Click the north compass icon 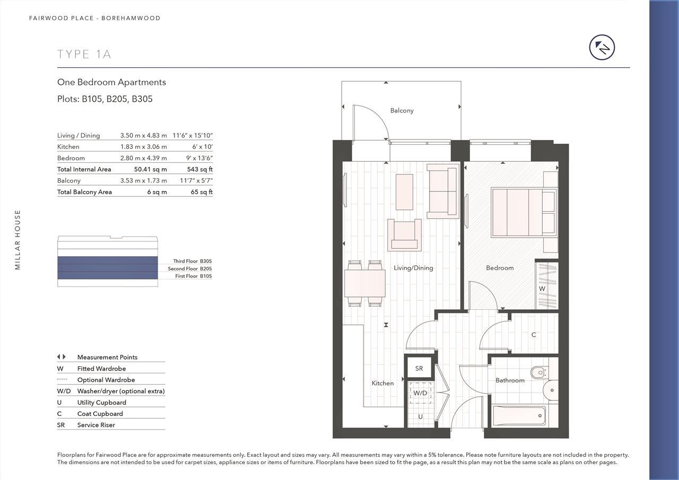[602, 48]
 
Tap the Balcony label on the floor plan [402, 110]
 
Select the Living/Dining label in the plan [413, 268]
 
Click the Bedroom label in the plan [500, 268]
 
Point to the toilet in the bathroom [538, 372]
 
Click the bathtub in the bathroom [519, 415]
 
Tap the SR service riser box [419, 368]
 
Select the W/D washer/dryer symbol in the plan [420, 393]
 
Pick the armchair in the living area [404, 235]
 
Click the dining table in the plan [365, 283]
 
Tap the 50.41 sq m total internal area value [150, 169]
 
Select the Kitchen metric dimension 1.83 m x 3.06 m [143, 146]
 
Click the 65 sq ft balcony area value [202, 192]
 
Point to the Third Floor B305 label [192, 261]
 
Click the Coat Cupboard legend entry [100, 414]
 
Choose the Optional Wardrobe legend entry [106, 380]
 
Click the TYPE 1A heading [84, 54]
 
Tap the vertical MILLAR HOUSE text [18, 240]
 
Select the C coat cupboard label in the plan [534, 335]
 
